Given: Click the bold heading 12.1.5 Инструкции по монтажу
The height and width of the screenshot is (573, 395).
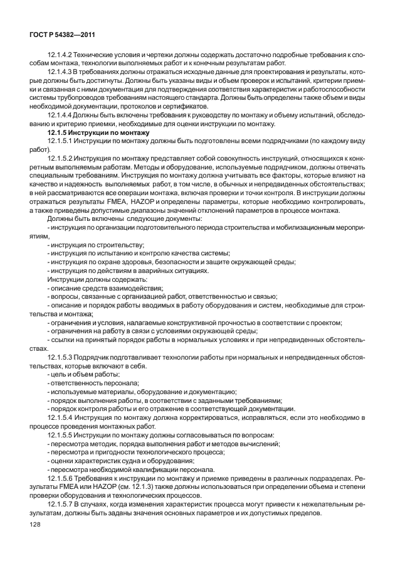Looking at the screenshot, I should (98, 133).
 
